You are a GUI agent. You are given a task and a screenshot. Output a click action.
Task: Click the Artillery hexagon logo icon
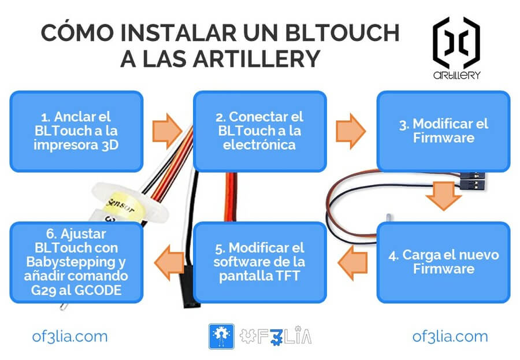click(456, 43)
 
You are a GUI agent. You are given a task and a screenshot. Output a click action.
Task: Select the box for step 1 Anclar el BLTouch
click(76, 131)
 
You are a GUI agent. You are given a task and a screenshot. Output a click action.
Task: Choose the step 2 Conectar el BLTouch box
click(260, 131)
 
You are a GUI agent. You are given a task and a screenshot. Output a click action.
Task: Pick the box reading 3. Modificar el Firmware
click(443, 131)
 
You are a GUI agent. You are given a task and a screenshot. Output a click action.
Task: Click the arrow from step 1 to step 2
click(168, 130)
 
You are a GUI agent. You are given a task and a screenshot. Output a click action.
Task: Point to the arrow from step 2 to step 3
click(351, 131)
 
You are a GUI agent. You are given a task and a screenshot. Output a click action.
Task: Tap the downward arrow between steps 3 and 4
click(443, 197)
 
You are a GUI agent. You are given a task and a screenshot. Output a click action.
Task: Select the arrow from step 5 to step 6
click(168, 262)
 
